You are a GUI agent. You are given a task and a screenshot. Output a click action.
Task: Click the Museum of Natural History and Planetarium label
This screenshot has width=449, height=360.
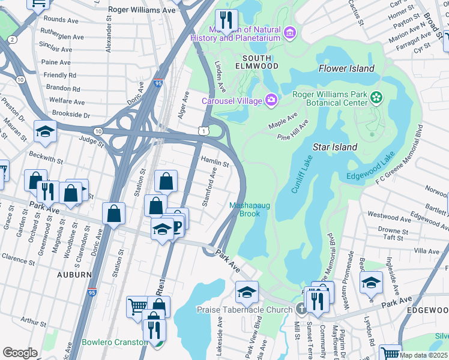(x=235, y=34)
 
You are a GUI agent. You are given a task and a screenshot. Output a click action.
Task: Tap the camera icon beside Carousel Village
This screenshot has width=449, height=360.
(x=271, y=100)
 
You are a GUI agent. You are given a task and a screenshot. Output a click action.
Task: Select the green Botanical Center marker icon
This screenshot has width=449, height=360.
(x=376, y=97)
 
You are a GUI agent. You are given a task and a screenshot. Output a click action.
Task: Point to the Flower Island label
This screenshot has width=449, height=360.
(x=346, y=68)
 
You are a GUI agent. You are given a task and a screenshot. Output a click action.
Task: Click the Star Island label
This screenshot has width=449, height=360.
(x=335, y=147)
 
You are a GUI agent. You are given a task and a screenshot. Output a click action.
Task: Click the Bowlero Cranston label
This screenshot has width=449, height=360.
(x=114, y=342)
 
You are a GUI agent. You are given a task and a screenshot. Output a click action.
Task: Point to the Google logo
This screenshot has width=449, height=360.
(x=20, y=353)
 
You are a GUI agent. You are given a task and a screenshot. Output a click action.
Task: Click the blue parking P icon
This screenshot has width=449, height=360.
(x=178, y=225)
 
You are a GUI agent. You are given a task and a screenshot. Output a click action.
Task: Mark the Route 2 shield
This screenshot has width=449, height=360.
(x=13, y=40)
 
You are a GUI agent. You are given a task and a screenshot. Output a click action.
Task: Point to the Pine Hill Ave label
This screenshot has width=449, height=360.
(x=293, y=130)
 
